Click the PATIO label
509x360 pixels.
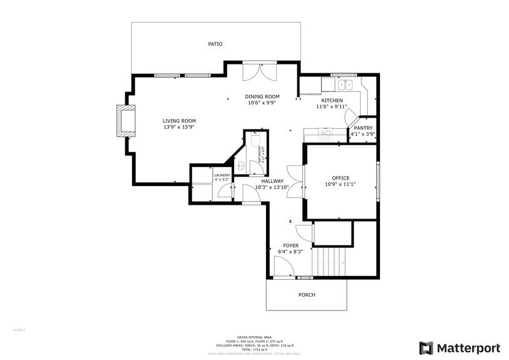pyautogui.click(x=215, y=44)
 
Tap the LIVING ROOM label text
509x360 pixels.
pyautogui.click(x=179, y=121)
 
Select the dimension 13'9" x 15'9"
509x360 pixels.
pyautogui.click(x=179, y=127)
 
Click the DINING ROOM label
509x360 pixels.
pyautogui.click(x=262, y=96)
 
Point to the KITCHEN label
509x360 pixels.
pyautogui.click(x=332, y=101)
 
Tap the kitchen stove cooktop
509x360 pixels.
pyautogui.click(x=325, y=133)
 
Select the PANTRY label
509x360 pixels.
pyautogui.click(x=363, y=128)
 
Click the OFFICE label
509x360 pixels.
pyautogui.click(x=341, y=178)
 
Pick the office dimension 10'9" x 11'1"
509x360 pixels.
pyautogui.click(x=341, y=184)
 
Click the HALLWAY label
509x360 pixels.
pyautogui.click(x=272, y=181)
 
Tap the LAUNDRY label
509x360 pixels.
pyautogui.click(x=222, y=175)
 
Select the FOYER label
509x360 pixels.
pyautogui.click(x=290, y=245)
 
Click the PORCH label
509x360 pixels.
pyautogui.click(x=307, y=295)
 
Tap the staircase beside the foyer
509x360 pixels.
pyautogui.click(x=331, y=260)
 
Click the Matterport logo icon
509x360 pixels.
pyautogui.click(x=426, y=347)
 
